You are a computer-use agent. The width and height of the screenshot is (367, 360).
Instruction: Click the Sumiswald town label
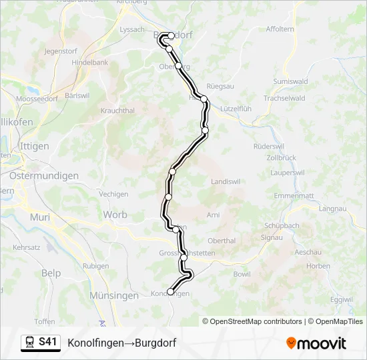pos(290,81)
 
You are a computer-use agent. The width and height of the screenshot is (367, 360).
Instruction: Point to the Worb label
pos(115,215)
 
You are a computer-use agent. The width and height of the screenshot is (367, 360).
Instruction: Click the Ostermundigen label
pos(44,176)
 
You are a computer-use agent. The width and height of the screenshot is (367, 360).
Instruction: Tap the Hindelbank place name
pos(90,62)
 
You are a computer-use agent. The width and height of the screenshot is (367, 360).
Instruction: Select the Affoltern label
pos(280,29)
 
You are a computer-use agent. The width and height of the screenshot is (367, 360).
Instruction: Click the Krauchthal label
pos(117,111)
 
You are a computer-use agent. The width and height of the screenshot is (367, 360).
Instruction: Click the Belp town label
pos(51,273)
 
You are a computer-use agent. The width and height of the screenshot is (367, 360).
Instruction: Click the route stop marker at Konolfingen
pos(170,291)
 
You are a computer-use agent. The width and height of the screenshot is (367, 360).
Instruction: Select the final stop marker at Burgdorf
pos(171,36)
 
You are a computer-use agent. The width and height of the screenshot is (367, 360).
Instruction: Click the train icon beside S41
pos(30,343)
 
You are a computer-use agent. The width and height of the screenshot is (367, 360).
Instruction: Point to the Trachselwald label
pos(284,98)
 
